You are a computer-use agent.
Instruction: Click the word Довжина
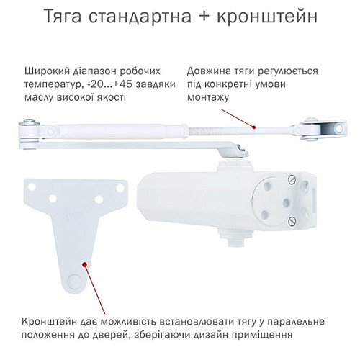coord(209,71)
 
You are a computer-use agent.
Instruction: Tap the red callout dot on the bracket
coord(86,266)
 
